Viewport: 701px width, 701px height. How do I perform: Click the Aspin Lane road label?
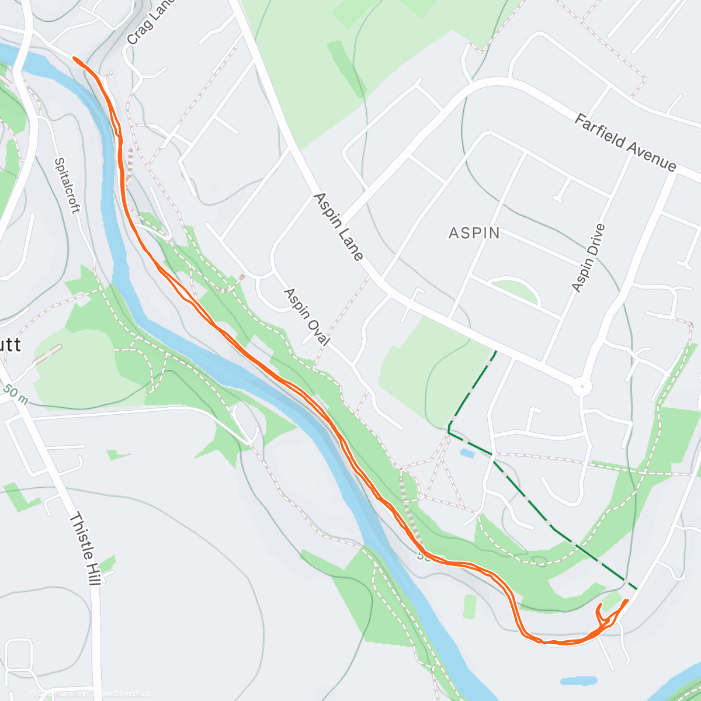[x=338, y=227]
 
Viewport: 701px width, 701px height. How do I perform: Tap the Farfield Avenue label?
[x=625, y=143]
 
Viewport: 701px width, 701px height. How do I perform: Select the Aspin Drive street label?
[x=588, y=258]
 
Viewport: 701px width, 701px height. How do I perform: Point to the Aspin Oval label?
[x=307, y=317]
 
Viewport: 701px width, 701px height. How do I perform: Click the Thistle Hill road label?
[x=85, y=549]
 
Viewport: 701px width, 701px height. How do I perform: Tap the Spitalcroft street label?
[x=67, y=185]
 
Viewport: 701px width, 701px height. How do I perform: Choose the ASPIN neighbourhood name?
[x=474, y=233]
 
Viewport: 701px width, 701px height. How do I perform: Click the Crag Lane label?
[x=142, y=23]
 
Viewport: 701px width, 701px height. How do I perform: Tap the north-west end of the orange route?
[x=74, y=58]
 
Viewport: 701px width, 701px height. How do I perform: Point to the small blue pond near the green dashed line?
[x=467, y=453]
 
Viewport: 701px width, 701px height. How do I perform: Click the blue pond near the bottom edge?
[x=578, y=681]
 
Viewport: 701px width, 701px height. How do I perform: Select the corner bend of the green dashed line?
[x=449, y=431]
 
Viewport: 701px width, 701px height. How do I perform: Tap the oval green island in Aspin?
[x=513, y=290]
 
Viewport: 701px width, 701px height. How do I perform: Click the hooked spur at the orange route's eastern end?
[x=599, y=610]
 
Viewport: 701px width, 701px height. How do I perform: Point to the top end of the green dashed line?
[x=497, y=352]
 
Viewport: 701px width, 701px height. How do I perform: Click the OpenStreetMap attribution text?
[x=91, y=693]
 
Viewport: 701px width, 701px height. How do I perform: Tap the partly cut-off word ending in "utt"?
[x=11, y=345]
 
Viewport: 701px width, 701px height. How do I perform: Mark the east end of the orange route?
[x=627, y=600]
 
